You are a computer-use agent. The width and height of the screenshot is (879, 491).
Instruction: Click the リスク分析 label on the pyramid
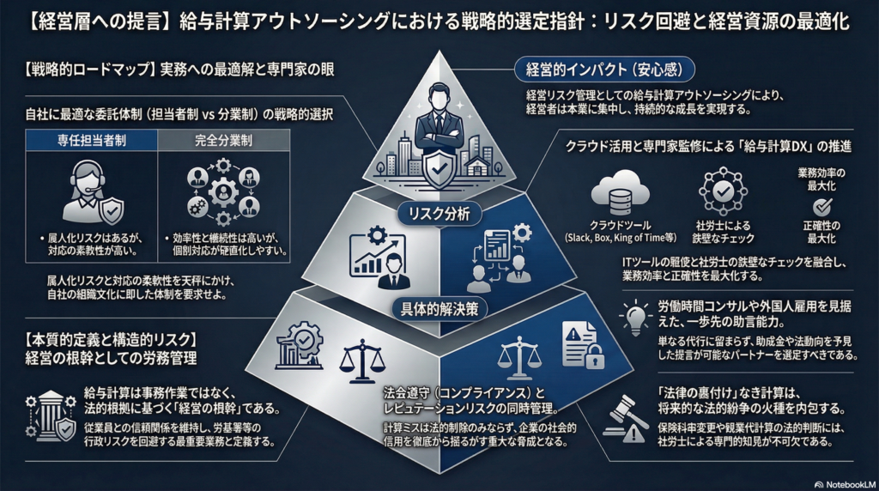point(439,214)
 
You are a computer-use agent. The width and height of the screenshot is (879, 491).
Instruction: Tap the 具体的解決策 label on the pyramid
point(439,306)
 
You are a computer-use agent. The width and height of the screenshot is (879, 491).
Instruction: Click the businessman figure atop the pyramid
point(439,120)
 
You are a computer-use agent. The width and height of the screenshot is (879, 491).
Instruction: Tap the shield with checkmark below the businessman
point(440,171)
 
